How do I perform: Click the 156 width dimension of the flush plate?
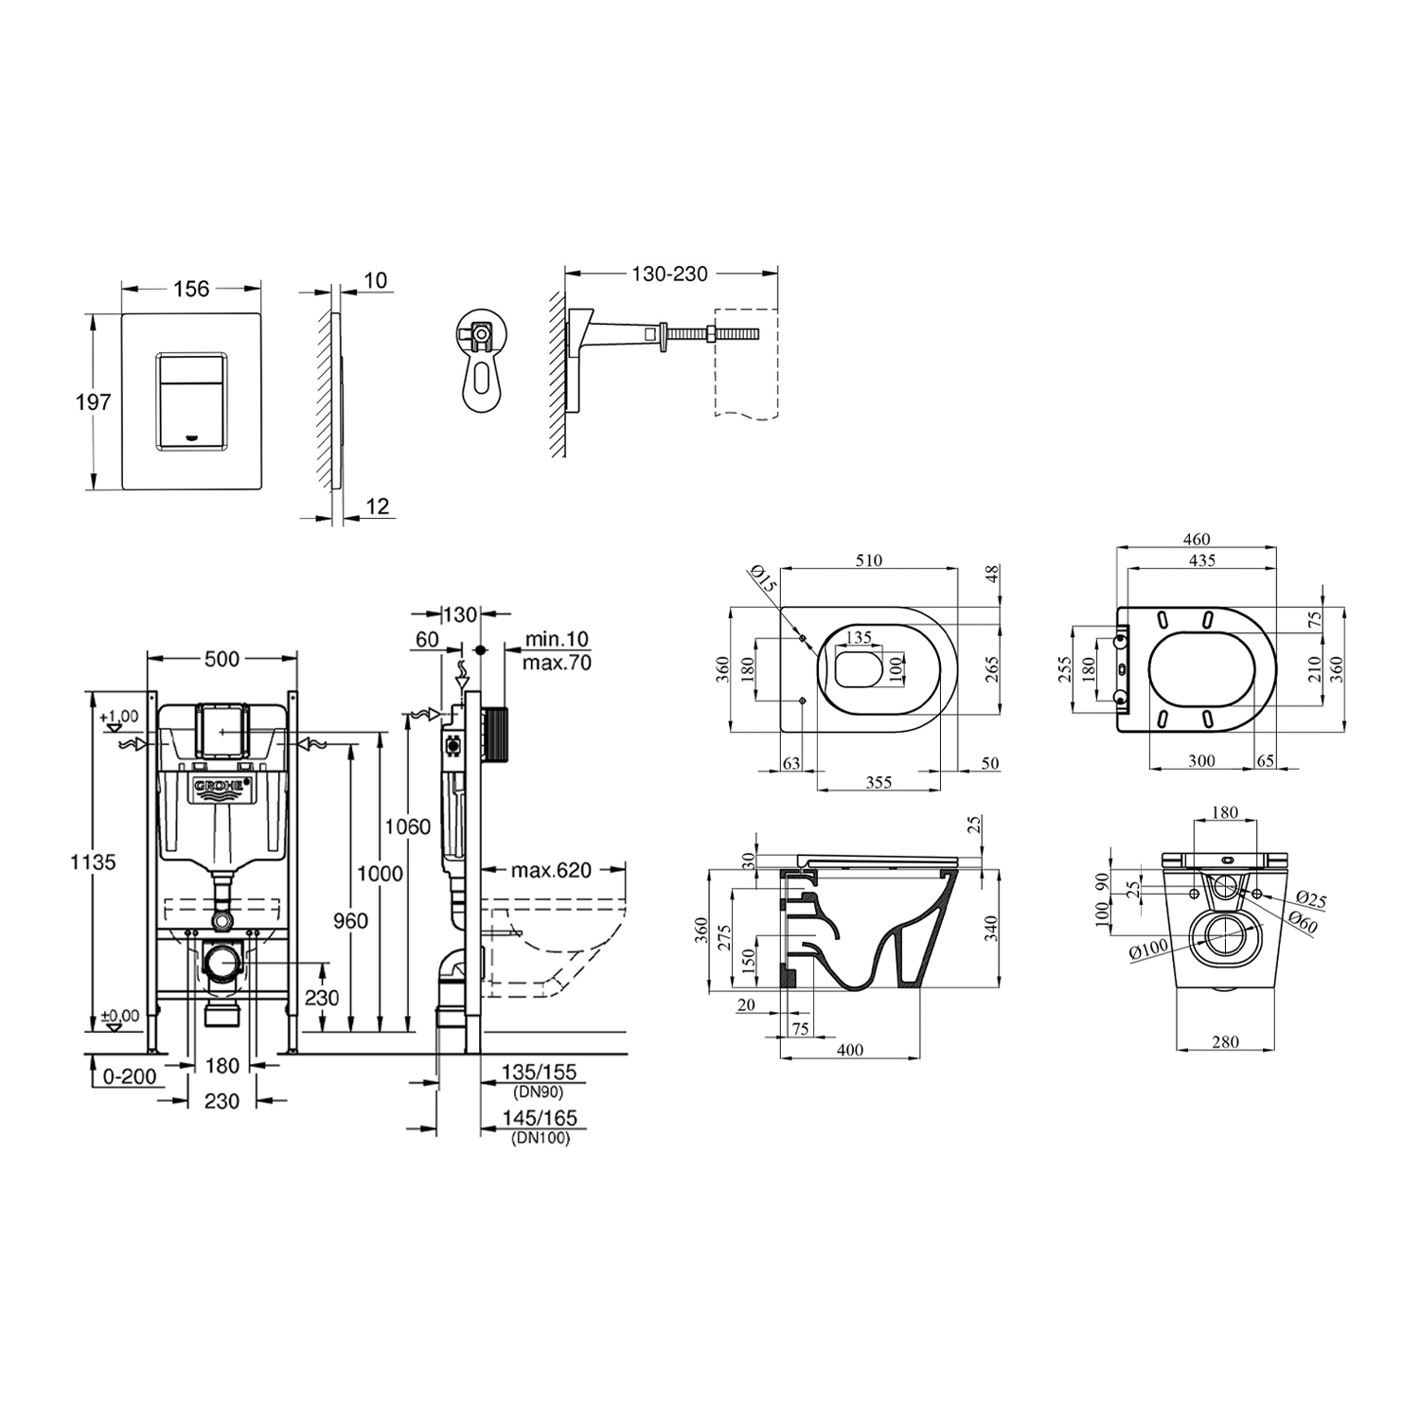[x=191, y=289]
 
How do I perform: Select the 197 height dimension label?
[x=94, y=402]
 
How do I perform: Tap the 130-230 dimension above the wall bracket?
[x=670, y=274]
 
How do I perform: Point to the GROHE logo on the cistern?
[x=223, y=788]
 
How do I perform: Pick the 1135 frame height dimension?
[x=93, y=862]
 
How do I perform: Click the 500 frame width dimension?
[x=222, y=659]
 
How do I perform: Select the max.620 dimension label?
[x=551, y=870]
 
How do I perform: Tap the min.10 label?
[x=557, y=642]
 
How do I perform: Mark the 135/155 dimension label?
[x=539, y=1073]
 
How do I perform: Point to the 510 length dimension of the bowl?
[x=868, y=560]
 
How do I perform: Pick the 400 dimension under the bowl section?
[x=850, y=1050]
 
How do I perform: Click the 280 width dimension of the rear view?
[x=1225, y=1042]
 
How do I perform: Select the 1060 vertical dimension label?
[x=407, y=826]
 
